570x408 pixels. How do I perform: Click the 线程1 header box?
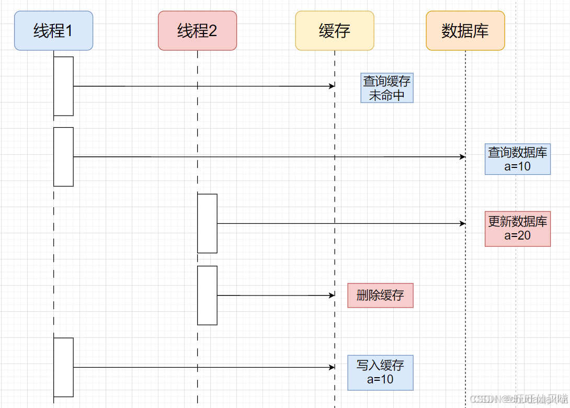tap(53, 31)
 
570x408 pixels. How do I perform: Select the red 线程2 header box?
tap(197, 31)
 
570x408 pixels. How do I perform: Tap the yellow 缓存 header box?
tap(335, 31)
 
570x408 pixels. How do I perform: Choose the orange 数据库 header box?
tap(465, 31)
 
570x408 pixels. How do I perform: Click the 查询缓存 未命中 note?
tap(387, 88)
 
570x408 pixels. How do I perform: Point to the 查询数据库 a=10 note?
tap(518, 159)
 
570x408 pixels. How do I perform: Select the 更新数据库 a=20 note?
tap(518, 229)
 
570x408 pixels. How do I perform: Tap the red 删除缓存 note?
tap(380, 296)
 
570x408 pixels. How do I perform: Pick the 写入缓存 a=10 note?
tap(380, 372)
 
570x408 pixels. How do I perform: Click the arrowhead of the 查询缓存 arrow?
tap(332, 86)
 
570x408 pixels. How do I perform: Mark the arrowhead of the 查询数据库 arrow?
tap(462, 157)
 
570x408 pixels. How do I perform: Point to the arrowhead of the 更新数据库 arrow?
tap(462, 223)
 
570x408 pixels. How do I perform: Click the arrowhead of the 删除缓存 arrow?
tap(332, 296)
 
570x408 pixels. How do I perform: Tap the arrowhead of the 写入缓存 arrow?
tap(332, 367)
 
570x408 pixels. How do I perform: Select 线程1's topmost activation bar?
tap(63, 86)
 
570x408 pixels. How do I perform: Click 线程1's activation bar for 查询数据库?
tap(63, 156)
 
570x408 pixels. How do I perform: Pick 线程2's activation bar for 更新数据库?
tap(207, 223)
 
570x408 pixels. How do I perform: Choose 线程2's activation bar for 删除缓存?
tap(207, 296)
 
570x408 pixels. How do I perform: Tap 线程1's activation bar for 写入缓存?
tap(63, 367)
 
